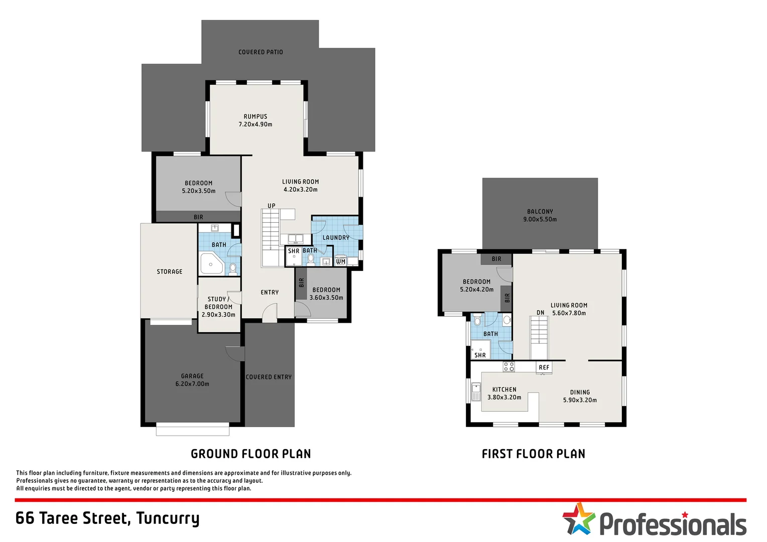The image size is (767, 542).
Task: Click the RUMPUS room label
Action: click(x=255, y=116)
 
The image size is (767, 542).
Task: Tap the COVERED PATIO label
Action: click(x=261, y=52)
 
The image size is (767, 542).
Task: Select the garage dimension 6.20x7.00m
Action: click(x=192, y=384)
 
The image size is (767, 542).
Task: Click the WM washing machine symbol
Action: click(x=340, y=261)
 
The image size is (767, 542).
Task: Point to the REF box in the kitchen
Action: click(x=544, y=367)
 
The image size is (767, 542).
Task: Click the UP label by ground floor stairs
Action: click(x=271, y=206)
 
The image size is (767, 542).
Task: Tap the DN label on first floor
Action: click(x=540, y=313)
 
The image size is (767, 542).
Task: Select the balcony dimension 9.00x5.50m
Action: click(x=540, y=219)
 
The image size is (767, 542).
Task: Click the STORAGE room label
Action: click(x=170, y=272)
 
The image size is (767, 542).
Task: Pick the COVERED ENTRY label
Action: click(x=269, y=377)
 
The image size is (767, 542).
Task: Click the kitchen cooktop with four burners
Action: click(x=509, y=367)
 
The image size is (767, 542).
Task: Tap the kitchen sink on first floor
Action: click(x=476, y=392)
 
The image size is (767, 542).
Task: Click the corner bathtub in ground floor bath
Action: click(x=212, y=263)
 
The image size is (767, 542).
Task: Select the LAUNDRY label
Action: click(x=336, y=237)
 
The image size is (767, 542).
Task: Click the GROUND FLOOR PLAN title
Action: click(x=250, y=454)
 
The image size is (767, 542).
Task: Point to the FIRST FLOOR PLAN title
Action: click(x=534, y=454)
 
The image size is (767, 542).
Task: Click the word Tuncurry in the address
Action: click(x=168, y=519)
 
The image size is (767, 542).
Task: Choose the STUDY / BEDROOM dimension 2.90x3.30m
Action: click(x=218, y=315)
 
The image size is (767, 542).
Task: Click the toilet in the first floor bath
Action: click(x=477, y=320)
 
